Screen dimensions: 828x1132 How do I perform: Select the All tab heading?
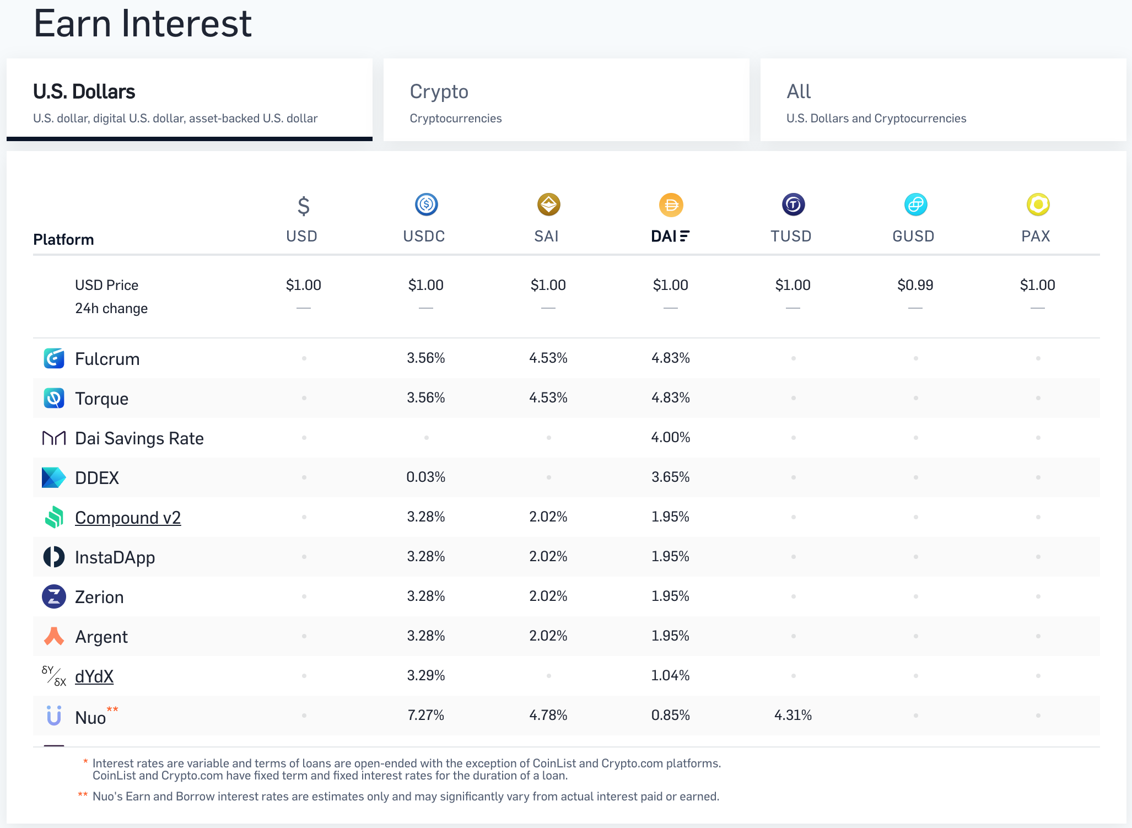[x=799, y=92]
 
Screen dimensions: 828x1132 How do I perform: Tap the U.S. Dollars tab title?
[x=84, y=92]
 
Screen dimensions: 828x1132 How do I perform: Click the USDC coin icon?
[x=426, y=205]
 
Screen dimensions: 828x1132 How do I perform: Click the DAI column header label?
[x=669, y=236]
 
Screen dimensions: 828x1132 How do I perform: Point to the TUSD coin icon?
[x=793, y=205]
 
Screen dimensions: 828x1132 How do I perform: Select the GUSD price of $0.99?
[x=915, y=285]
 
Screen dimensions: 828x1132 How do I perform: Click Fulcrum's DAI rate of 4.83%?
[x=670, y=358]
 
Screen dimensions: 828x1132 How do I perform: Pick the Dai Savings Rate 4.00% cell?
[x=670, y=438]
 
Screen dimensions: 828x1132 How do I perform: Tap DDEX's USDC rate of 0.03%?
[x=425, y=477]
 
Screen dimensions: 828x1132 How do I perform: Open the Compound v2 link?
[x=128, y=518]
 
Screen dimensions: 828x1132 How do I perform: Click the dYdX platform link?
[x=94, y=676]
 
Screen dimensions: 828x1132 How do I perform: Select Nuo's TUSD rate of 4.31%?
[x=793, y=716]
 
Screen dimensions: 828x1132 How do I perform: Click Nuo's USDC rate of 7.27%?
[x=425, y=716]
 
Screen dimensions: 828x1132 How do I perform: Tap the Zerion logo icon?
[x=54, y=596]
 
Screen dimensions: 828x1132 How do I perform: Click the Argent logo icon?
[x=54, y=636]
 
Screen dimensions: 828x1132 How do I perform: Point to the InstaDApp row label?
[x=115, y=557]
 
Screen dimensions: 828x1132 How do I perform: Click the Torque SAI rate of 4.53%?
[x=548, y=398]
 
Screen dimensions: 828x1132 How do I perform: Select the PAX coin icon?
[x=1038, y=205]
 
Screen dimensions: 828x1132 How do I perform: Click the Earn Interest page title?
[x=142, y=24]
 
